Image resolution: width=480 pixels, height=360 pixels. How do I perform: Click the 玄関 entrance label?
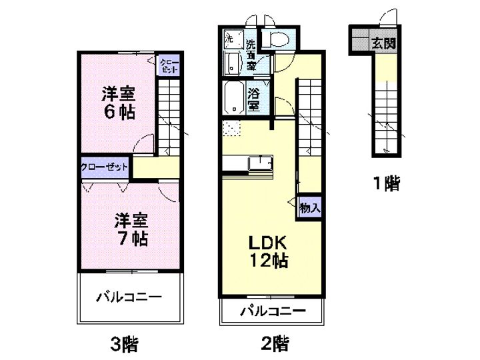pyautogui.click(x=384, y=44)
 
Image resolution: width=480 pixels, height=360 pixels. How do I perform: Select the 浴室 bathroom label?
pyautogui.click(x=254, y=99)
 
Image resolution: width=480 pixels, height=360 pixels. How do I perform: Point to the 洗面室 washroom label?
pyautogui.click(x=251, y=55)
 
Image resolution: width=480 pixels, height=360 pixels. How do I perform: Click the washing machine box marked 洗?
pyautogui.click(x=233, y=39)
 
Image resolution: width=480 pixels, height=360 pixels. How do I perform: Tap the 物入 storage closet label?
pyautogui.click(x=310, y=208)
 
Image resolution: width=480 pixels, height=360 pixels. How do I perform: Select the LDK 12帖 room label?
pyautogui.click(x=269, y=251)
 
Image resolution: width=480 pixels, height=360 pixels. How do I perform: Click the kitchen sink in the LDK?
pyautogui.click(x=260, y=163)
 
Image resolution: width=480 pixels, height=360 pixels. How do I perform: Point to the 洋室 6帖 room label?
pyautogui.click(x=119, y=103)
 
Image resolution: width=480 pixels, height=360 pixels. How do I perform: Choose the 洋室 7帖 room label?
pyautogui.click(x=131, y=229)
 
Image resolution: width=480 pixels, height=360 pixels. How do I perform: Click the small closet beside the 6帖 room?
pyautogui.click(x=169, y=65)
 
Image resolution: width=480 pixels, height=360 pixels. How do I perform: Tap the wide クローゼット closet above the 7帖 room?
pyautogui.click(x=105, y=167)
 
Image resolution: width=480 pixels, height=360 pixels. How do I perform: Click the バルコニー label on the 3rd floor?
pyautogui.click(x=129, y=297)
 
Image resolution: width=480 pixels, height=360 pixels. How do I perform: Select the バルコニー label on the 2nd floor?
pyautogui.click(x=273, y=311)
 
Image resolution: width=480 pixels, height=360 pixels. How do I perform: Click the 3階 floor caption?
pyautogui.click(x=124, y=343)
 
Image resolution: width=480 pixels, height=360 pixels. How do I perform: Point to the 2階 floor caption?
pyautogui.click(x=275, y=343)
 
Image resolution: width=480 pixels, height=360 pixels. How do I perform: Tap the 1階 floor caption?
pyautogui.click(x=387, y=183)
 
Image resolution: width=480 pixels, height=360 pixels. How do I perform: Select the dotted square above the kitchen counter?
pyautogui.click(x=232, y=128)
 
